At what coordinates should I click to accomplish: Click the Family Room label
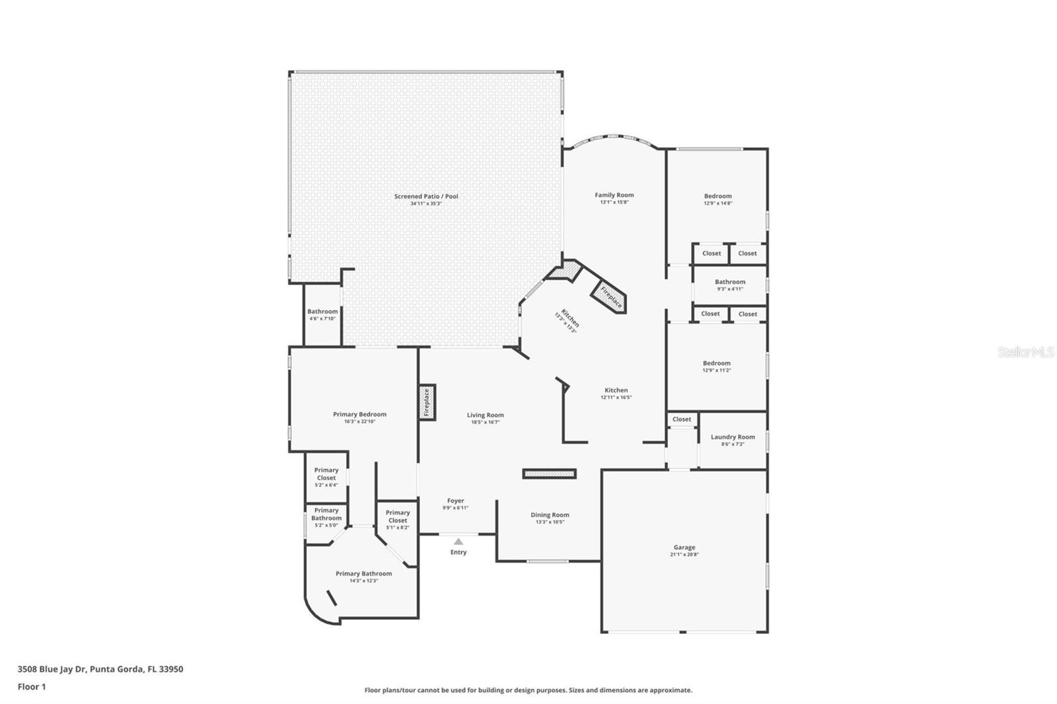pos(614,195)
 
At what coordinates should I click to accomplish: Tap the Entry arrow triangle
pos(458,542)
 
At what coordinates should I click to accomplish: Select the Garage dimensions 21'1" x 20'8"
pos(684,555)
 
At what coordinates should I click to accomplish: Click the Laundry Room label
pos(733,437)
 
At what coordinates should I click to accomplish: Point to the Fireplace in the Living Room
pos(427,402)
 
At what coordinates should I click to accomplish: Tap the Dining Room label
pos(550,515)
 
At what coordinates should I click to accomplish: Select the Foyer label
pos(455,501)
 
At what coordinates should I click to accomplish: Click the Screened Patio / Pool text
pos(426,196)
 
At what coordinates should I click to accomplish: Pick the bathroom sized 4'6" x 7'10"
pos(322,314)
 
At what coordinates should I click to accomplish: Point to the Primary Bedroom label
pos(359,414)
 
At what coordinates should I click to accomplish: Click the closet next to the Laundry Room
pos(682,419)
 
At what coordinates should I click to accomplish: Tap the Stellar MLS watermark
pos(1025,353)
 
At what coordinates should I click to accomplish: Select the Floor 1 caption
pos(32,687)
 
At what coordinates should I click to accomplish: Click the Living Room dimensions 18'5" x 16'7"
pos(485,423)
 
